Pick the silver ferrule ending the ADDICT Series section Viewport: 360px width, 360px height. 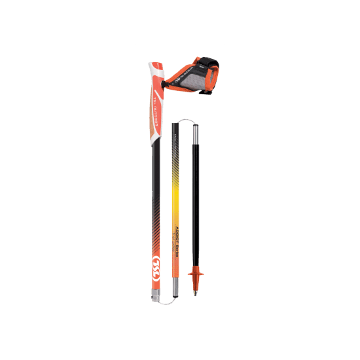175,286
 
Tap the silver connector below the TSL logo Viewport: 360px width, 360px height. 156,296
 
